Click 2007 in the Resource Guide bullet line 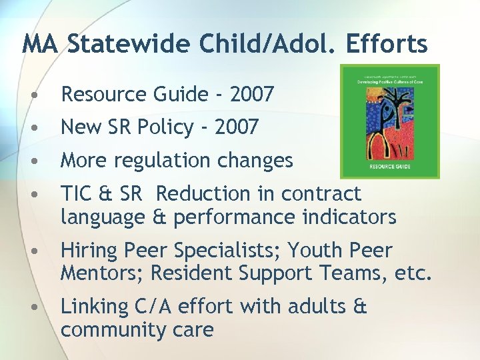(x=251, y=95)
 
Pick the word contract (x=321, y=194)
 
